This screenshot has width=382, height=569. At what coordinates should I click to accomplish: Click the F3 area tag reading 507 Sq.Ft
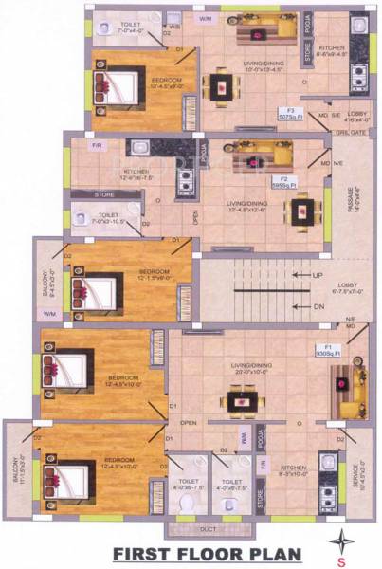click(289, 116)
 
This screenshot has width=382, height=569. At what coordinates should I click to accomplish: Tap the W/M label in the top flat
click(204, 18)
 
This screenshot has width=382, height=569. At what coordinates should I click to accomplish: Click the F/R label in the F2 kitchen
click(97, 146)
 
